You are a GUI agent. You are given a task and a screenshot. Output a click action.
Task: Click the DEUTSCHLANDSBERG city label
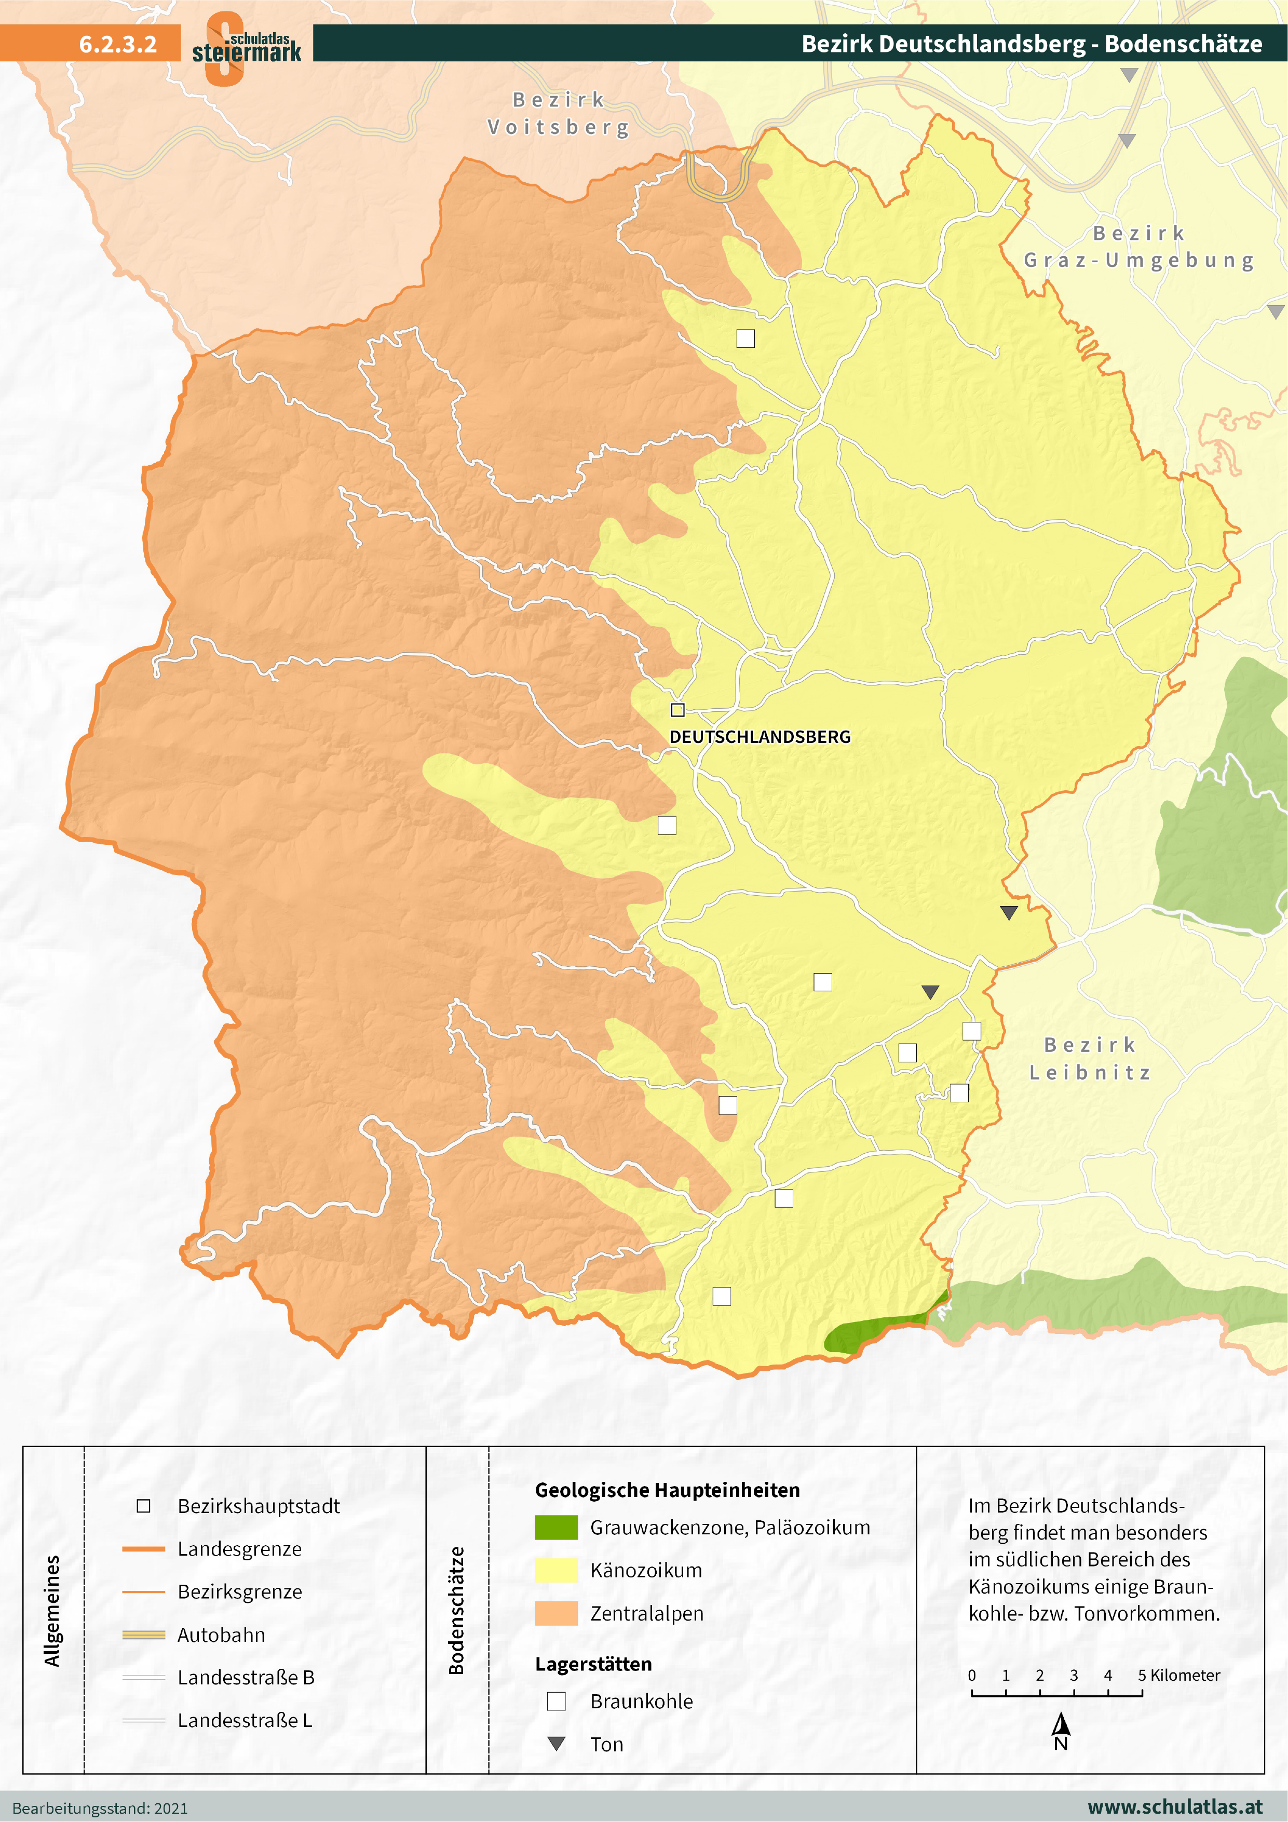[x=760, y=736]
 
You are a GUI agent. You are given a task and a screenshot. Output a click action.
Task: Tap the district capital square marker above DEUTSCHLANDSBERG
[x=677, y=709]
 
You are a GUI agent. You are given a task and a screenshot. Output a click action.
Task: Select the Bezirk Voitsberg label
[x=559, y=114]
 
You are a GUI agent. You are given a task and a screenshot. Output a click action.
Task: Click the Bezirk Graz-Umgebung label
[x=1139, y=247]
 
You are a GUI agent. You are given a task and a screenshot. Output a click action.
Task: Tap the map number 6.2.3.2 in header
[x=117, y=44]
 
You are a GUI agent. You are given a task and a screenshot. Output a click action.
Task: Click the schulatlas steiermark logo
[x=246, y=48]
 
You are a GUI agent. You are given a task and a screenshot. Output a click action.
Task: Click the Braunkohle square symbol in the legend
[x=557, y=1702]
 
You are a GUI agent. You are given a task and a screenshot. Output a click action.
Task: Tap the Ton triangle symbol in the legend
[x=557, y=1744]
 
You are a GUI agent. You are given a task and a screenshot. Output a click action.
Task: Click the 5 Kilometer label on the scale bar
[x=1178, y=1675]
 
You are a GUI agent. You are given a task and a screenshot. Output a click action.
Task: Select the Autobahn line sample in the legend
[x=144, y=1635]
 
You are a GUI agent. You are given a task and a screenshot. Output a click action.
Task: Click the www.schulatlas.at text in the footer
[x=1174, y=1807]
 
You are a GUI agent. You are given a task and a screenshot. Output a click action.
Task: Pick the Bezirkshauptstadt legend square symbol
[x=144, y=1505]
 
